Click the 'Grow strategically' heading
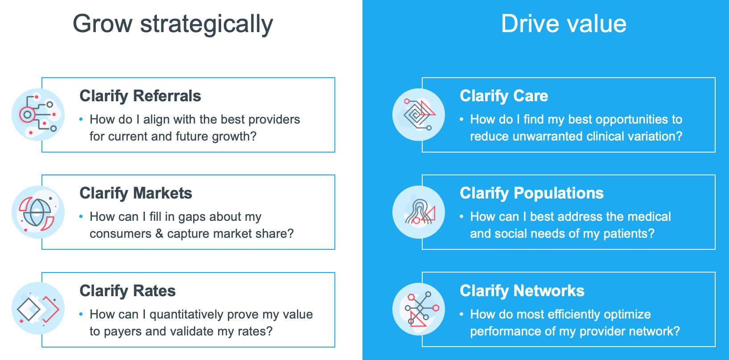click(173, 25)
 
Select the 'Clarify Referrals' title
click(140, 96)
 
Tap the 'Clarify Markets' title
click(136, 194)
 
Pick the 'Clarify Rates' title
click(128, 291)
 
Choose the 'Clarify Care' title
click(504, 96)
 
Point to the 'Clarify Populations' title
click(531, 194)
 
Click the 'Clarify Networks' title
click(522, 291)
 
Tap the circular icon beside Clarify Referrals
click(38, 115)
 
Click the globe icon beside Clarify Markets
click(38, 212)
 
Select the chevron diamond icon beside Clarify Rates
click(38, 308)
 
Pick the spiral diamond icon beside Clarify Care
click(419, 115)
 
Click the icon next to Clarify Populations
click(419, 212)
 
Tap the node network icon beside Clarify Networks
click(419, 309)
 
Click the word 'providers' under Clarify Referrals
click(274, 120)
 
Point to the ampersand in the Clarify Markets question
click(159, 234)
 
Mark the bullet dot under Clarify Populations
click(461, 216)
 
